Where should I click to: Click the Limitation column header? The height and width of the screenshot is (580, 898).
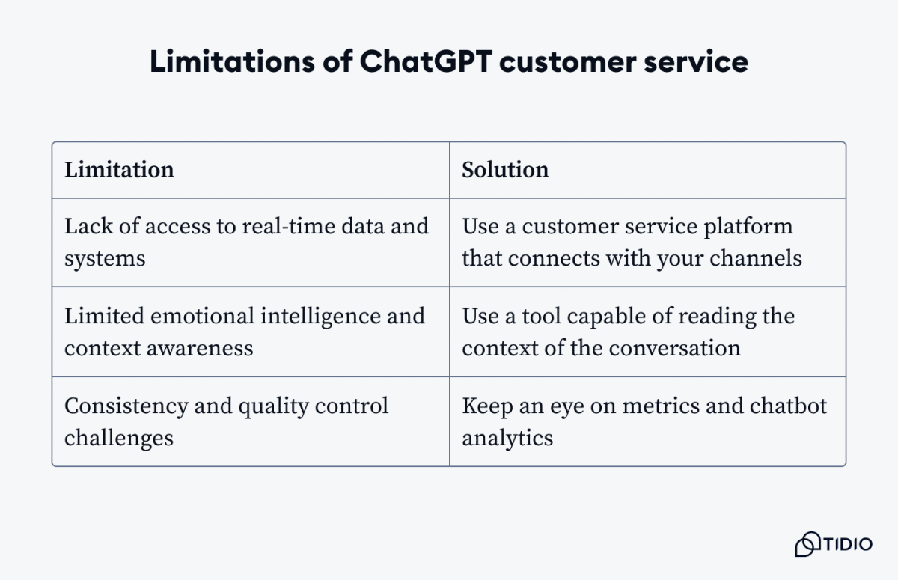pos(119,170)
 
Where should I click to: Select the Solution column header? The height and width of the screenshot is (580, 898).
pos(505,170)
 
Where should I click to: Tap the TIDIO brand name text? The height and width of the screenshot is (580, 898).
pos(848,544)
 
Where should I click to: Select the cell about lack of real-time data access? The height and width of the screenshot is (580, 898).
pos(250,242)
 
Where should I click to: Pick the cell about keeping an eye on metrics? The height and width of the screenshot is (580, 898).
pos(647,421)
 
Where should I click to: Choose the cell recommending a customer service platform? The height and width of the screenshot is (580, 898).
pos(647,242)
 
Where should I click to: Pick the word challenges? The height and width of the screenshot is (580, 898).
pos(119,438)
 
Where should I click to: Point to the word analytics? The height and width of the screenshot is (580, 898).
pos(507,438)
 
